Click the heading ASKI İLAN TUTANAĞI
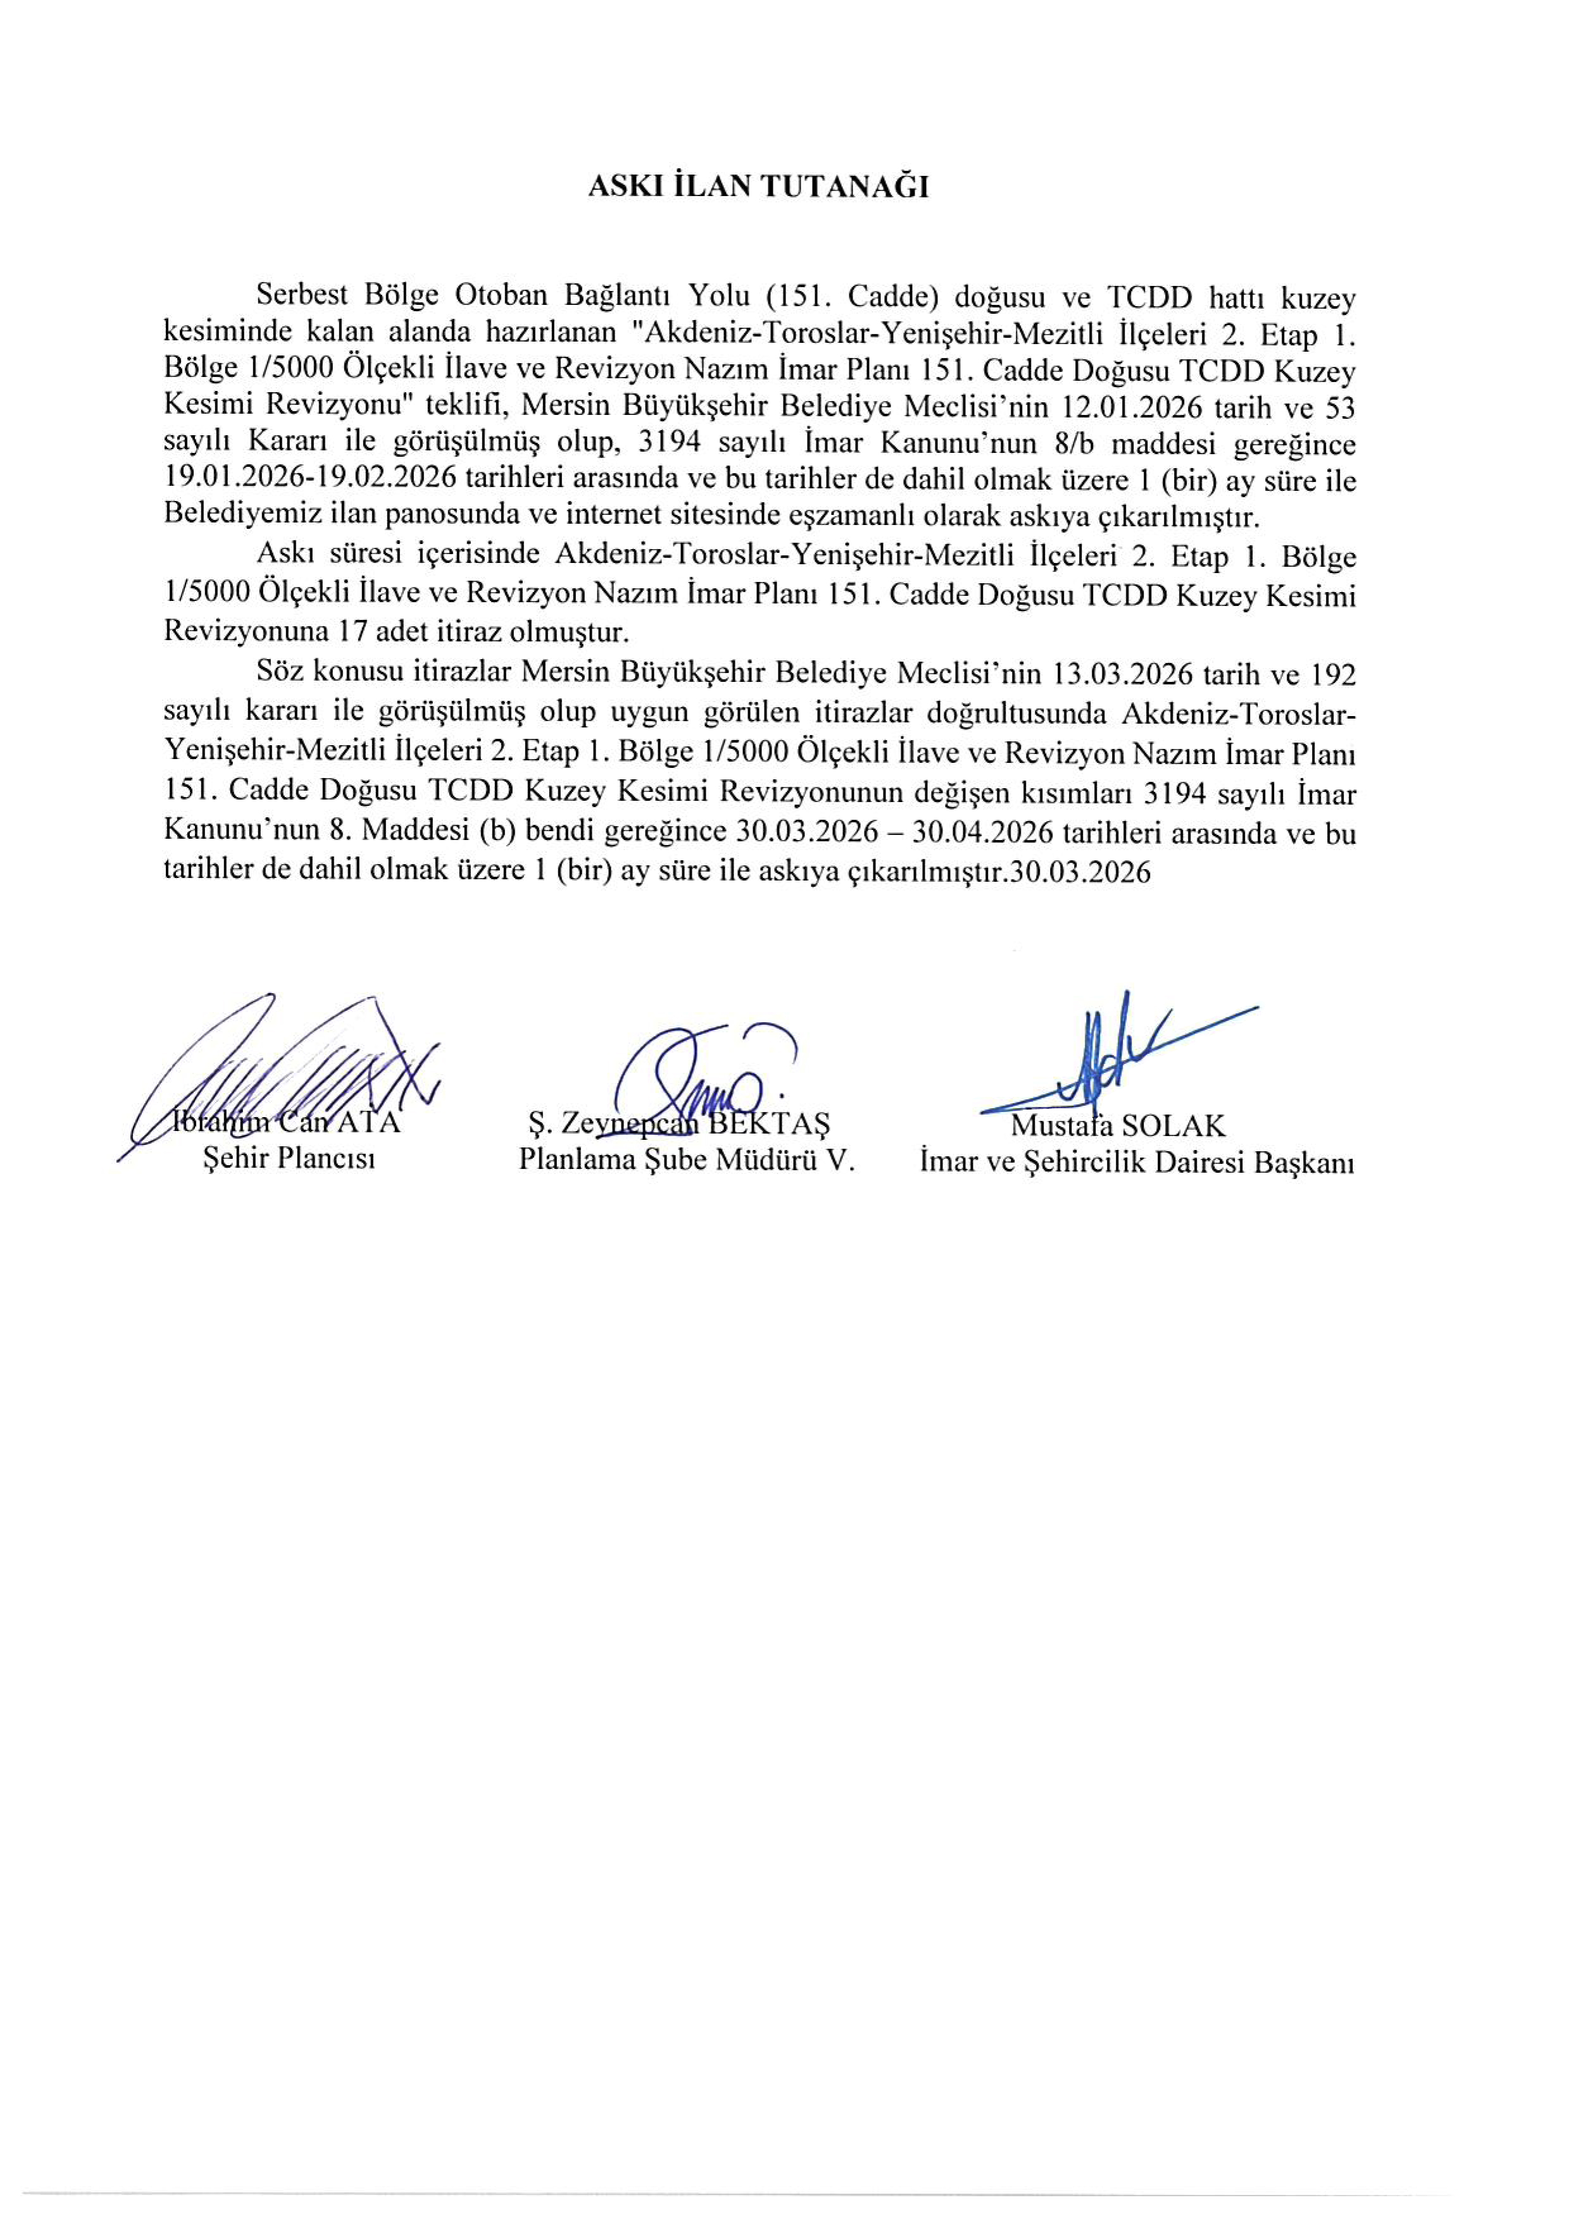759,187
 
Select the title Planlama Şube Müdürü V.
687,1159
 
